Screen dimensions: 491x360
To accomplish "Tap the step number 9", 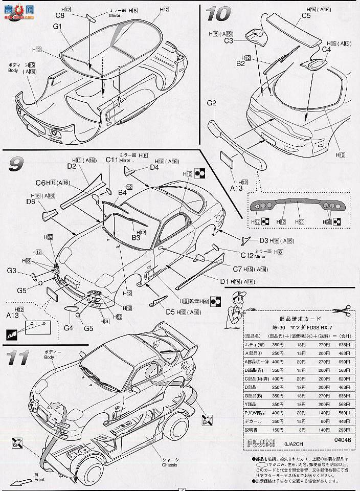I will (16, 165).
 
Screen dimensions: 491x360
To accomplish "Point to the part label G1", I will (57, 26).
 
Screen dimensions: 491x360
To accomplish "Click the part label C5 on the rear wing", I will (306, 16).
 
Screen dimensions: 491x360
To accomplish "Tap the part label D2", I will (71, 166).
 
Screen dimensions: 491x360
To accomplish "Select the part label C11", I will (112, 161).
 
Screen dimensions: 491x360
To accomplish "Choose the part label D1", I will (223, 281).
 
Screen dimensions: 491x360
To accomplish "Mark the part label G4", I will (69, 328).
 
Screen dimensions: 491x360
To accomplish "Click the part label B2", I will (240, 63).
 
